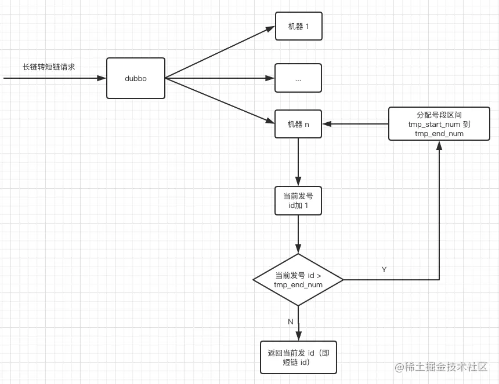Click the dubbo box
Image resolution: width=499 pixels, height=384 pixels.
(x=135, y=78)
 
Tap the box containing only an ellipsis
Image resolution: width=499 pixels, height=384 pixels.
(x=298, y=78)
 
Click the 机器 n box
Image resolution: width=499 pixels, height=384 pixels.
(x=298, y=124)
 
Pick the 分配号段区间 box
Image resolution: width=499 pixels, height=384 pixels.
(x=439, y=124)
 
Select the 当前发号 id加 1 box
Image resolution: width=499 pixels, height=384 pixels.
(x=298, y=200)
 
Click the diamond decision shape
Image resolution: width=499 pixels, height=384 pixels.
(x=298, y=280)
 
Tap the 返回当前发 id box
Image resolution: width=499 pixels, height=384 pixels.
(x=298, y=357)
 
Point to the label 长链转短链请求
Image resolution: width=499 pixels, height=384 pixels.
(x=49, y=67)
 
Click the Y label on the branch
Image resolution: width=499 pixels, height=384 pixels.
(x=384, y=270)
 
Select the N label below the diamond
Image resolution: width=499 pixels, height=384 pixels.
(x=291, y=321)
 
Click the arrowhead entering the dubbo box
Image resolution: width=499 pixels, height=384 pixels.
(x=102, y=78)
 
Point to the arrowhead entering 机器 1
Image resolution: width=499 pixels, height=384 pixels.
(x=270, y=28)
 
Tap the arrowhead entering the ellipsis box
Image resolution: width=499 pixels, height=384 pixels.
(x=270, y=78)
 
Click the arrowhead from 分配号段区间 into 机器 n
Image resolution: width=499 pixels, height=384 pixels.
(x=327, y=124)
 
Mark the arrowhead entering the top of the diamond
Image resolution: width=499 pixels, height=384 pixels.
(x=298, y=249)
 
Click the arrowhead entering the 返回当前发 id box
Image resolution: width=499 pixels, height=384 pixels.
(x=298, y=337)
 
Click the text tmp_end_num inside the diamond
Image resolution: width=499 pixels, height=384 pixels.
(x=298, y=285)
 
